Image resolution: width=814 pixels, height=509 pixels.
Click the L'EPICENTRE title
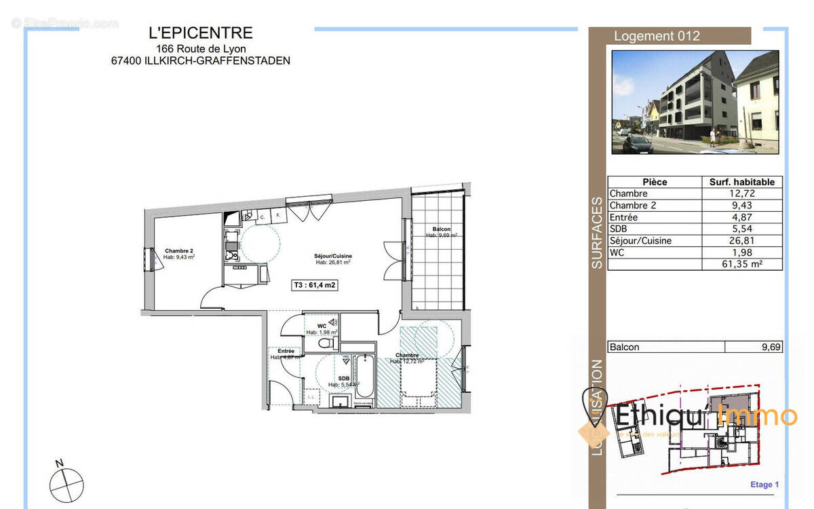pos(200,33)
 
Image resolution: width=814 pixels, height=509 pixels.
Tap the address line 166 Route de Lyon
pos(201,48)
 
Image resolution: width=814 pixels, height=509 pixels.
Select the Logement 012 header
pos(656,37)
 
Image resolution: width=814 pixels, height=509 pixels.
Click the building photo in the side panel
pos(695,102)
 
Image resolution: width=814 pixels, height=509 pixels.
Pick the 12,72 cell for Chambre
pos(741,193)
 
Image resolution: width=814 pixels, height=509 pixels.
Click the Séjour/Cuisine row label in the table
pos(640,241)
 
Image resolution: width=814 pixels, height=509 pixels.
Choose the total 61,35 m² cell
pos(741,265)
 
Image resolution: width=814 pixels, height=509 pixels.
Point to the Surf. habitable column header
pos(741,182)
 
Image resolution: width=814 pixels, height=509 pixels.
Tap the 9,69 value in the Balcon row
pos(771,347)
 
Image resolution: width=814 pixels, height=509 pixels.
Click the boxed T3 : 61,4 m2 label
pos(314,286)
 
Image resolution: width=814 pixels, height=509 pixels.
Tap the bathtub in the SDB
pos(364,378)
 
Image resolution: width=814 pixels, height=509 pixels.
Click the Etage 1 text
pos(764,485)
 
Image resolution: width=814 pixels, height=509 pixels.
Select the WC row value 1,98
pos(741,252)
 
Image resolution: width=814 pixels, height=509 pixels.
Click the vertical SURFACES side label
pos(597,233)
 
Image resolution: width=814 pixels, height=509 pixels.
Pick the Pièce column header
pos(655,182)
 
